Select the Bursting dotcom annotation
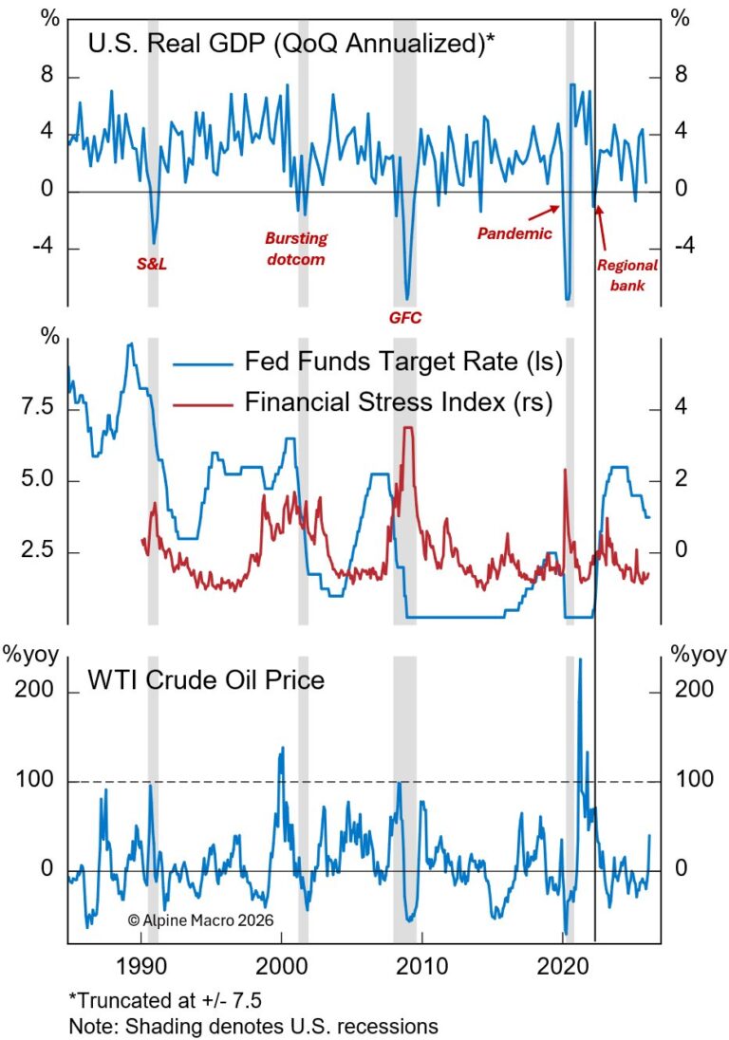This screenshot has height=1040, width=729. [295, 249]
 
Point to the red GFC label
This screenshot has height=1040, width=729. [406, 317]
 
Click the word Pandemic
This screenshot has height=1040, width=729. [514, 232]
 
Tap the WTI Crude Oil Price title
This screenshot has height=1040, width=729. [206, 679]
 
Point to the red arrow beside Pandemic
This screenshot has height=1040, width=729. [541, 210]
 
